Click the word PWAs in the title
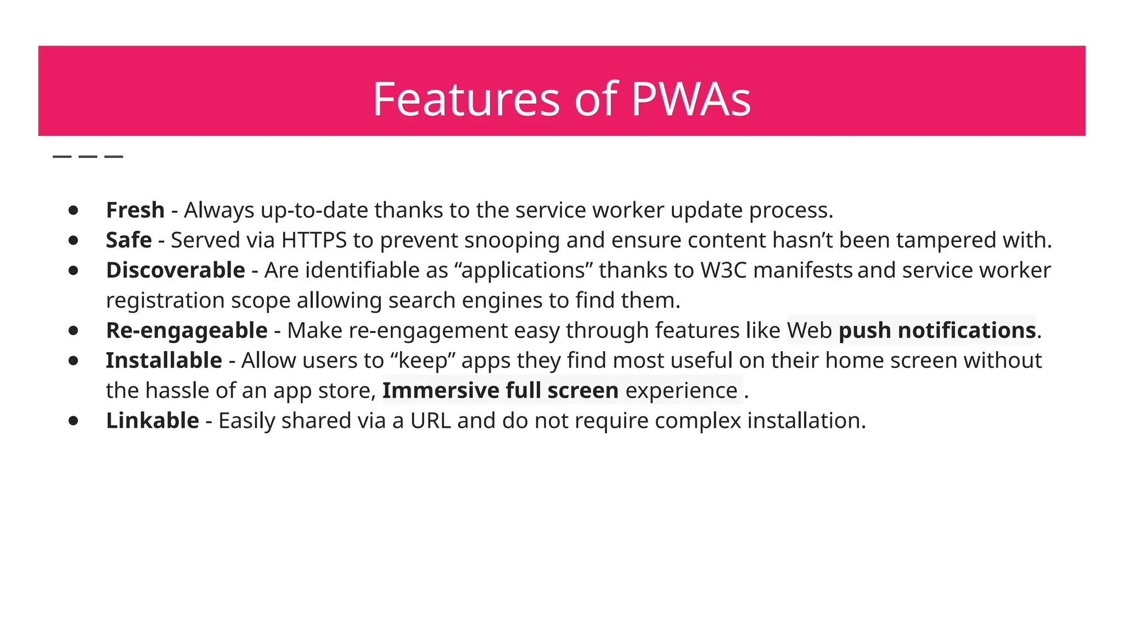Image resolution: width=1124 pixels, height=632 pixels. (x=691, y=100)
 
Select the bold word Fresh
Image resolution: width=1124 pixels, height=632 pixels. (x=135, y=210)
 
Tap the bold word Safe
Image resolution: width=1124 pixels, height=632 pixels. (x=128, y=240)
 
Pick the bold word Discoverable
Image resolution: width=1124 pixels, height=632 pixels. (x=175, y=270)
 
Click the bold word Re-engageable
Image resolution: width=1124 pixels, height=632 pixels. (x=187, y=331)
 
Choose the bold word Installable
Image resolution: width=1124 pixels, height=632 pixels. (x=164, y=361)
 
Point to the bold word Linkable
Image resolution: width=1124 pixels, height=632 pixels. (x=152, y=421)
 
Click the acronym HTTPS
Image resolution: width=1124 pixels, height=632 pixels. (x=314, y=240)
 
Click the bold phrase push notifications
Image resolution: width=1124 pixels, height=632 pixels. (x=937, y=331)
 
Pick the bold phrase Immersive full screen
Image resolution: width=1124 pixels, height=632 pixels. (x=500, y=391)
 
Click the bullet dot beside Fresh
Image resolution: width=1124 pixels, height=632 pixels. (x=73, y=211)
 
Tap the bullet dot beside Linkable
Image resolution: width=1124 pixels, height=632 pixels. (x=73, y=421)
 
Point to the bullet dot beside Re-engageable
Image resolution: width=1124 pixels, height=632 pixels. (x=73, y=331)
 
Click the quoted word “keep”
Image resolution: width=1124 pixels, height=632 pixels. (x=423, y=361)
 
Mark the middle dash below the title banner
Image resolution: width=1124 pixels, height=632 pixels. (x=88, y=157)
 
